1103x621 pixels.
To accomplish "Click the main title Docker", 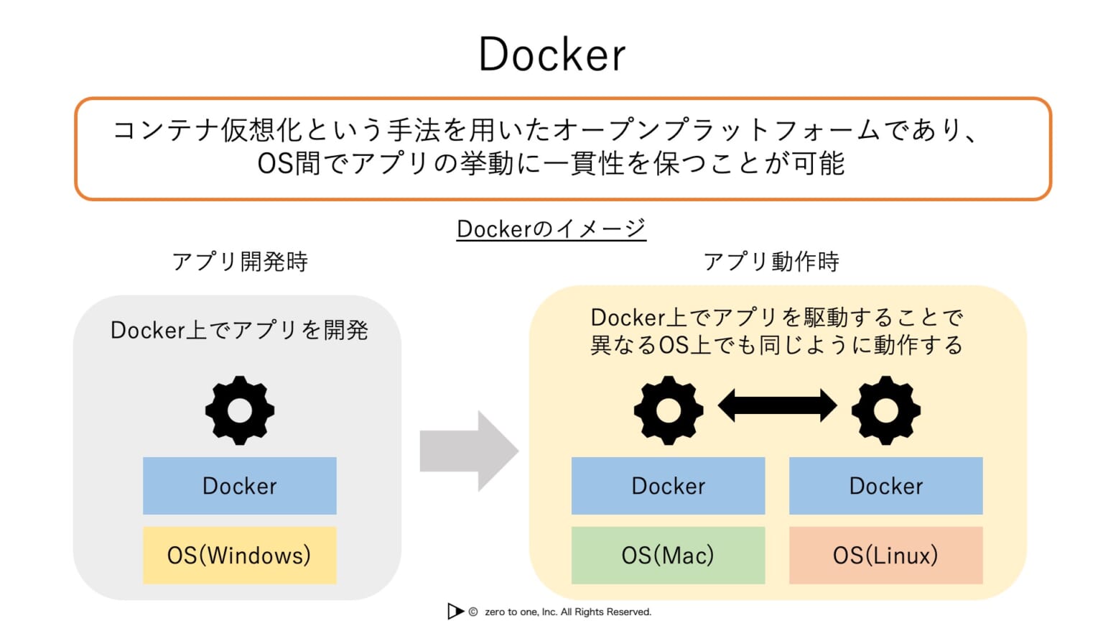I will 551,55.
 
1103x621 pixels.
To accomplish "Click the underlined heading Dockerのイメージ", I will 551,229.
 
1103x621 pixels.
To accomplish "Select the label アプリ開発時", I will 240,261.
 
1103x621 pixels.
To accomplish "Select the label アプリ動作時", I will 771,261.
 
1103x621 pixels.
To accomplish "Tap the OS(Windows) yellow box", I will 239,555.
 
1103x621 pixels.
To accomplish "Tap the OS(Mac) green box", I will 668,555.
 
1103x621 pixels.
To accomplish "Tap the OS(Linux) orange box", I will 885,555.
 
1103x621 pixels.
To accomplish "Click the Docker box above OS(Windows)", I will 239,486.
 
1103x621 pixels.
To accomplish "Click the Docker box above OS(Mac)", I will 668,486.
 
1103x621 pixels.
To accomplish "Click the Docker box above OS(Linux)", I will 885,486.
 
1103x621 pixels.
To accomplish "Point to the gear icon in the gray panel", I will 239,410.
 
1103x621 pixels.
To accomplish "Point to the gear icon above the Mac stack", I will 668,410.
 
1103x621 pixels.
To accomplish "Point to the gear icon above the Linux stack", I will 885,410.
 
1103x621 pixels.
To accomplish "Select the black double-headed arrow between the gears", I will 777,405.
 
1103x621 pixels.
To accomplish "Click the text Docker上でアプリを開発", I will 239,330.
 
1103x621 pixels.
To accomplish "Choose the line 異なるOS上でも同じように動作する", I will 776,345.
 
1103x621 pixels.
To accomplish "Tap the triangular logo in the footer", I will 455,611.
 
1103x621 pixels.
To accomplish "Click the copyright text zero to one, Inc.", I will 567,612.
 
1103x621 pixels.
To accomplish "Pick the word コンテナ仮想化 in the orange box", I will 208,130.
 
